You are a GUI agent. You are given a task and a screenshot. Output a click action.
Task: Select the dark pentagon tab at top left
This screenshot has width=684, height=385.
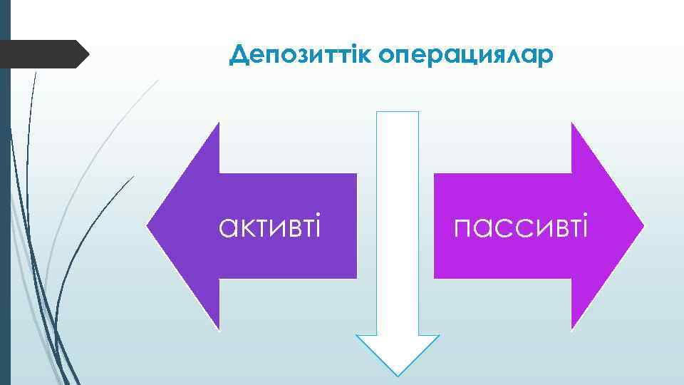43,54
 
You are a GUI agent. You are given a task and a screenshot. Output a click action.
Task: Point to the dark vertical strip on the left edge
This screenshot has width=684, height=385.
5,214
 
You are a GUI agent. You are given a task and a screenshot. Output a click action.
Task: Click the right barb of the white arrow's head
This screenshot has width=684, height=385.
438,335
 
